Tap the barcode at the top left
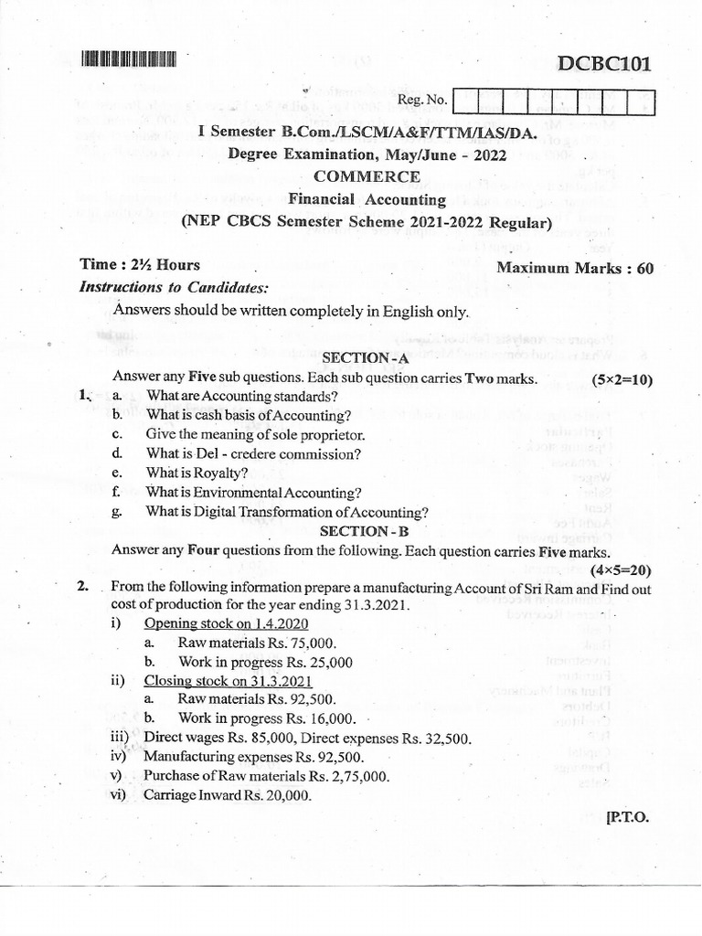(127, 59)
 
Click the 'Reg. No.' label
(421, 99)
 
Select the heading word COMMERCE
(367, 176)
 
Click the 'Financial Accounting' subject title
(367, 199)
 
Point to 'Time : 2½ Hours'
(140, 265)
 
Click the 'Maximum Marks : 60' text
(575, 268)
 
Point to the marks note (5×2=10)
(622, 378)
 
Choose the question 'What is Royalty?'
(197, 473)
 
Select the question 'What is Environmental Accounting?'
(253, 493)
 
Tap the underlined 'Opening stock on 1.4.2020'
(226, 624)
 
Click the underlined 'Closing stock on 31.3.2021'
(229, 682)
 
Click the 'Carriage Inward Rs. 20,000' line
(228, 796)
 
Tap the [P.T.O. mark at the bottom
(627, 818)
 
